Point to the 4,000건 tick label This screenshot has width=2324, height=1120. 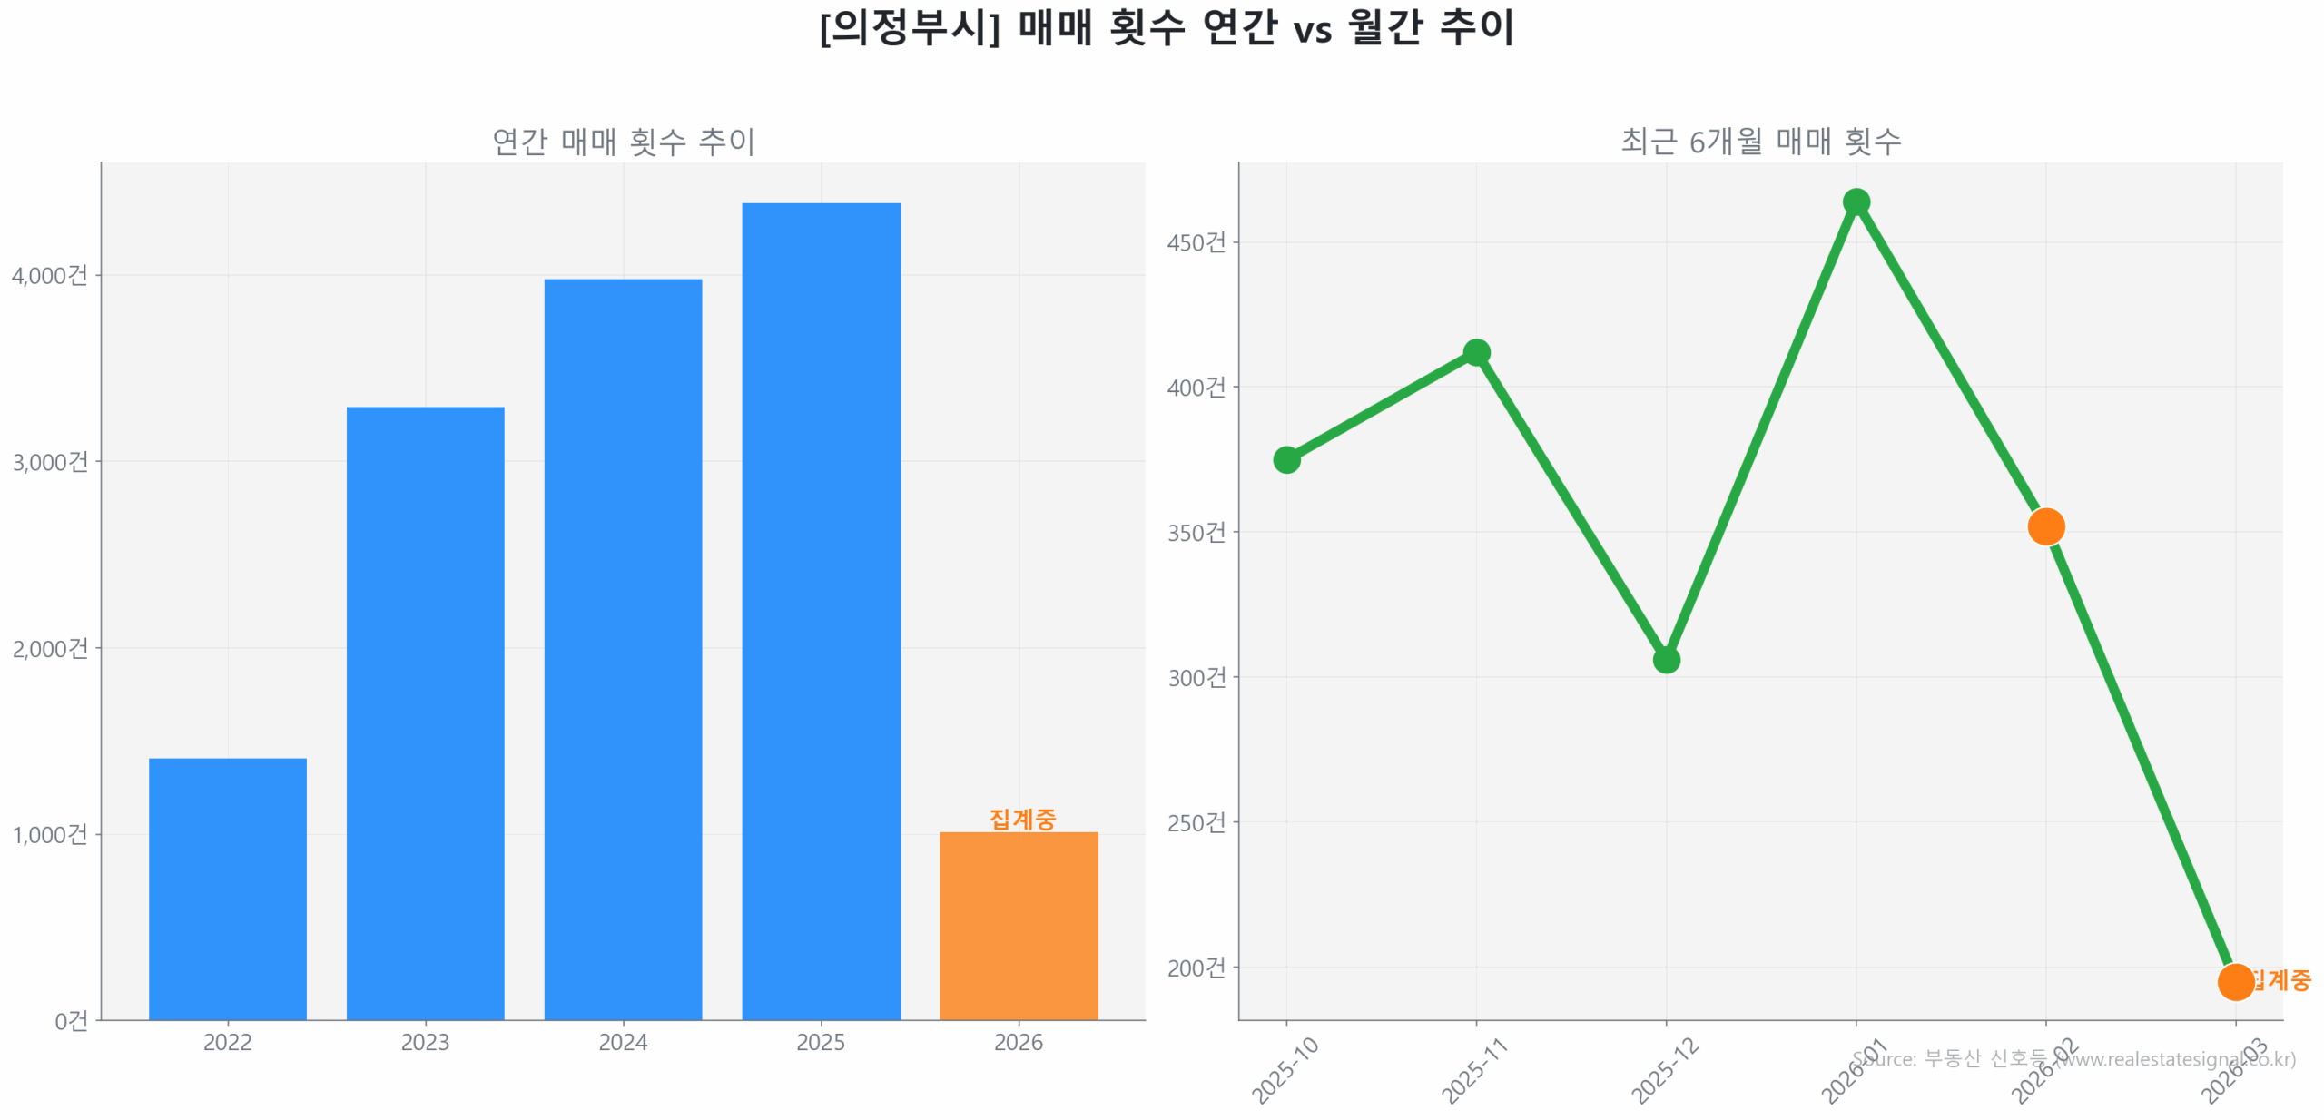coord(50,275)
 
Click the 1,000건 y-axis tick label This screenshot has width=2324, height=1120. coord(50,833)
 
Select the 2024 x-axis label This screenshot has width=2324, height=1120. coord(623,1041)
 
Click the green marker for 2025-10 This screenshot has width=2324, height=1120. coord(1285,459)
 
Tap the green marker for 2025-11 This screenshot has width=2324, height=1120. coord(1475,352)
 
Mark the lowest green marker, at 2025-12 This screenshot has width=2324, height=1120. coord(1665,659)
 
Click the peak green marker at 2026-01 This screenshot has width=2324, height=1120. coord(1855,201)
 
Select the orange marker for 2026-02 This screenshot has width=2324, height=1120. coord(2044,526)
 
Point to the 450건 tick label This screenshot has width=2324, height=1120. coord(1196,242)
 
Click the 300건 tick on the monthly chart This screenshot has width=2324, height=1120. coord(1196,677)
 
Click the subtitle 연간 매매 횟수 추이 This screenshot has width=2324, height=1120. coord(623,141)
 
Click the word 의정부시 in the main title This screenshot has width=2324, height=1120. coord(908,27)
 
